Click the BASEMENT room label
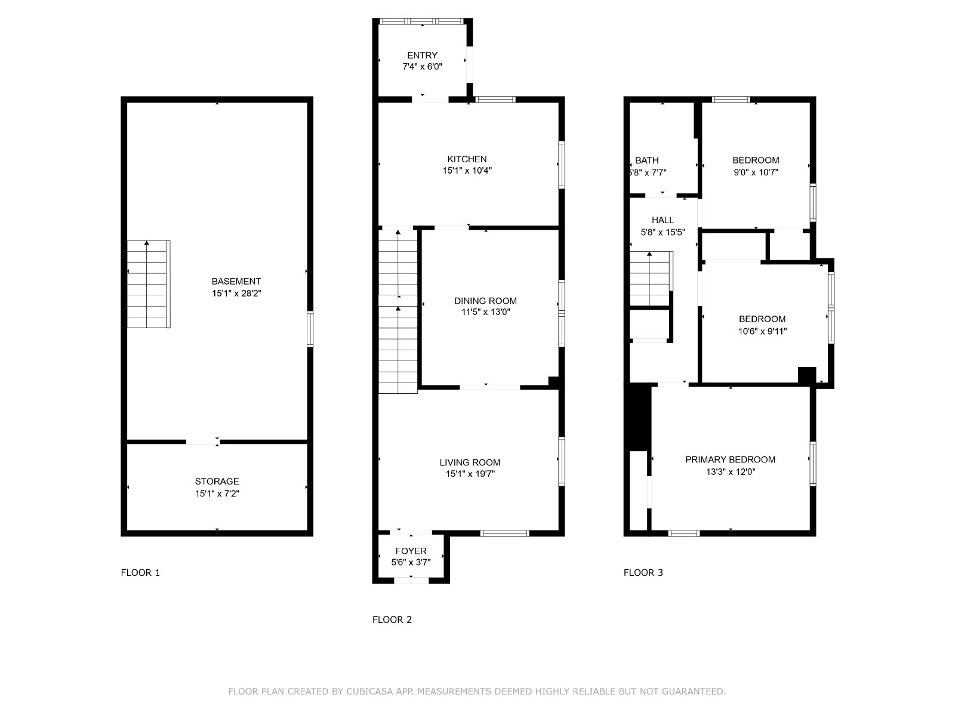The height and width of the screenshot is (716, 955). coord(236,281)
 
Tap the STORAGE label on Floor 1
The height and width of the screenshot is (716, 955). coord(217,482)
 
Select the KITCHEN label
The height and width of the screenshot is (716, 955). coord(467,159)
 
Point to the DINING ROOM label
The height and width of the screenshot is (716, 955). coord(485,301)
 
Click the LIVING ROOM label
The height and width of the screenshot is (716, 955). coord(470,462)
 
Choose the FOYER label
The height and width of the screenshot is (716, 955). coord(411,551)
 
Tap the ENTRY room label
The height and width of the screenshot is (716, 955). coord(422,55)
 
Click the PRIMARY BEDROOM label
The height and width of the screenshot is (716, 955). coord(730,459)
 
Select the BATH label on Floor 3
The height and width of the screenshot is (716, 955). coord(646,161)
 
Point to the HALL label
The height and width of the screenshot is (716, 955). coord(662,220)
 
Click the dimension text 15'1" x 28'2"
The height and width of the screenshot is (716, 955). coord(236,294)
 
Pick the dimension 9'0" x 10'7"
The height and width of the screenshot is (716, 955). coord(756,172)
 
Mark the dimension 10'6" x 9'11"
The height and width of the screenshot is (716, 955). coord(762,331)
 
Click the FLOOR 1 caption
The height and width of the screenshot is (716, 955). coord(140,573)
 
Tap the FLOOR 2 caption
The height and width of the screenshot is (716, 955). coord(392,619)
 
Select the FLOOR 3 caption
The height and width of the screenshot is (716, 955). coord(643,573)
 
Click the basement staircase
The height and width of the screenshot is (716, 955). coord(149,285)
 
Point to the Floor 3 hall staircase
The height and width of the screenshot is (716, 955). coord(651,278)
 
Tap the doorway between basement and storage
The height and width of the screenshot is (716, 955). coord(203,442)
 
